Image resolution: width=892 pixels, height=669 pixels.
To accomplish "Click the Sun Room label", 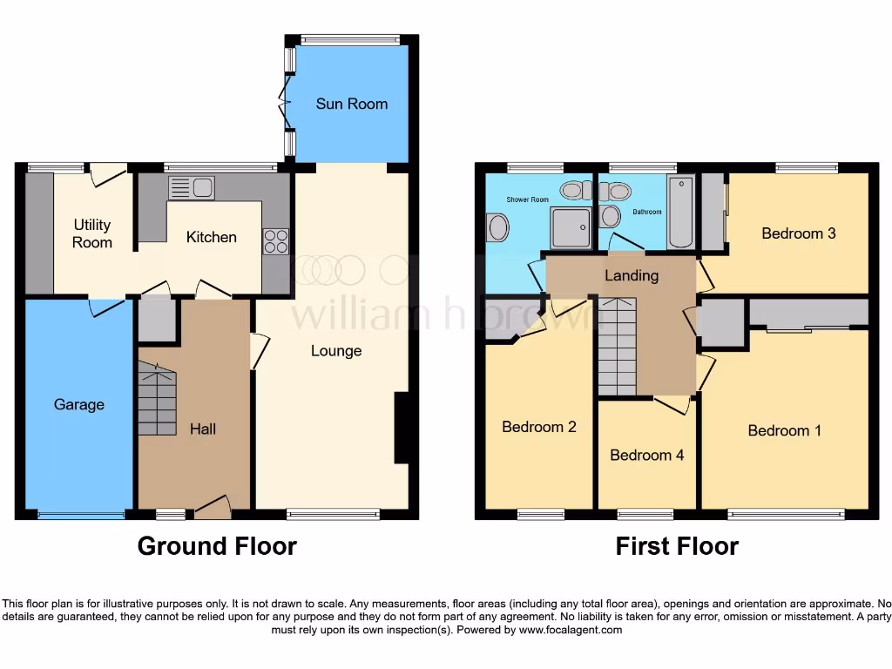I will pyautogui.click(x=351, y=104).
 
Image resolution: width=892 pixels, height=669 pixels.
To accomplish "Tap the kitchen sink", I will pyautogui.click(x=192, y=188).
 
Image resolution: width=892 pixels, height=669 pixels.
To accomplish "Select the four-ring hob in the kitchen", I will pyautogui.click(x=276, y=240).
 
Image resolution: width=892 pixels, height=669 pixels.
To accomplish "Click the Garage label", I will pyautogui.click(x=78, y=404).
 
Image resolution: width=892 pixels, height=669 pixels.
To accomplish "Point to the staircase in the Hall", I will pyautogui.click(x=158, y=400).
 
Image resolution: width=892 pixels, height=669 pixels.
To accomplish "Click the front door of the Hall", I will pyautogui.click(x=213, y=509).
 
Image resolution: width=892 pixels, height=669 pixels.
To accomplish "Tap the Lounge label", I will pyautogui.click(x=336, y=351).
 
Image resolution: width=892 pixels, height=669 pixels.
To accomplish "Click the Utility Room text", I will pyautogui.click(x=91, y=233).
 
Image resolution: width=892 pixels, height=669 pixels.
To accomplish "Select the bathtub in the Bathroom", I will pyautogui.click(x=680, y=212).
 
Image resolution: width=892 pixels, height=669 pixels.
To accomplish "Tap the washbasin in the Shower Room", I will pyautogui.click(x=498, y=229).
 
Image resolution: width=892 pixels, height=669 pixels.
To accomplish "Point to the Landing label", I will pyautogui.click(x=632, y=276).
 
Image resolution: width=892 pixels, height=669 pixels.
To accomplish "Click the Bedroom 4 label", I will pyautogui.click(x=645, y=455).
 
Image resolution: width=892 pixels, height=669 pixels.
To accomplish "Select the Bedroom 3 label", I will pyautogui.click(x=798, y=233).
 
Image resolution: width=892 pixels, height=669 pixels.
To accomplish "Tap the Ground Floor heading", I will pyautogui.click(x=217, y=546).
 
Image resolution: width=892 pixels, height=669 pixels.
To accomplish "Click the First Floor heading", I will pyautogui.click(x=677, y=546).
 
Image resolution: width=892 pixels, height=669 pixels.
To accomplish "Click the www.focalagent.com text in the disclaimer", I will pyautogui.click(x=571, y=630).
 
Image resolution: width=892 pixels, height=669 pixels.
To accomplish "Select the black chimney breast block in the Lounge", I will pyautogui.click(x=402, y=428).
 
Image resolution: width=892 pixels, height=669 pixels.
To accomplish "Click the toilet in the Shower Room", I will pyautogui.click(x=573, y=189).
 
